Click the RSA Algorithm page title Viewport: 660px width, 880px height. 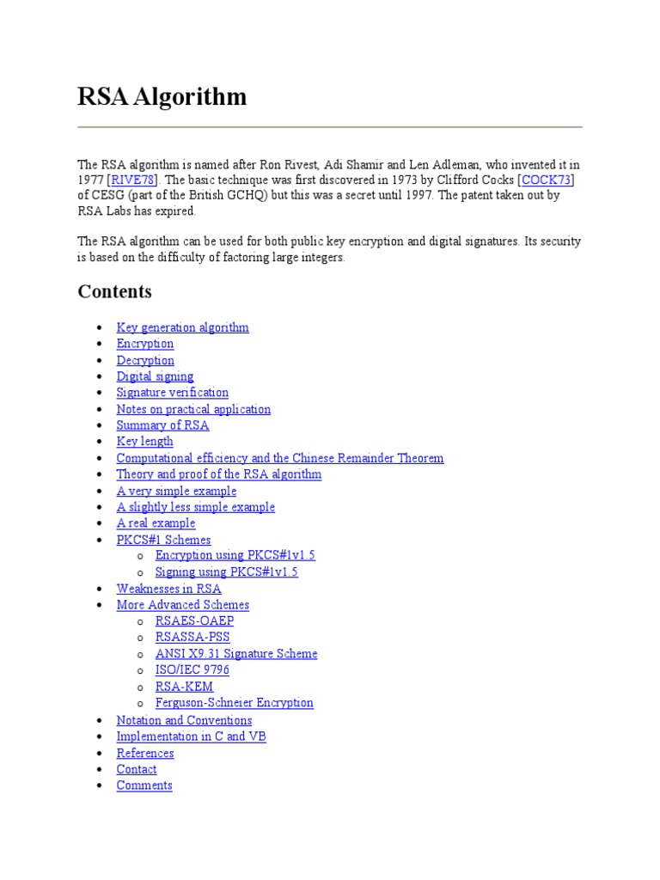[x=162, y=97]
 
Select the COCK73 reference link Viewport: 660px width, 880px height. [x=547, y=180]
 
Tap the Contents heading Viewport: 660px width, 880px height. [x=114, y=291]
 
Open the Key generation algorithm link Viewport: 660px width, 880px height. [x=182, y=327]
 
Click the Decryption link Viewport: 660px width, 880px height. [x=145, y=360]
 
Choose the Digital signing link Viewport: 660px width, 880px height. [x=155, y=376]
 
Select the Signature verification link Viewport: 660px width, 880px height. [x=172, y=393]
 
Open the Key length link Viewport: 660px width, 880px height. [x=144, y=442]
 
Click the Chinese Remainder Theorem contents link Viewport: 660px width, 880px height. [x=280, y=458]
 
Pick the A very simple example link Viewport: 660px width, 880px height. [x=176, y=491]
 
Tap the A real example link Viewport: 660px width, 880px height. [x=156, y=523]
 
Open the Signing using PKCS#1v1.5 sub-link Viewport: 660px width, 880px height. [x=226, y=572]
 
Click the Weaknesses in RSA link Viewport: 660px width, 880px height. [x=168, y=589]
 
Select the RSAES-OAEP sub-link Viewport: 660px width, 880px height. [x=194, y=621]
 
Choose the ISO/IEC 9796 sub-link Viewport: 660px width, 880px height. [x=192, y=670]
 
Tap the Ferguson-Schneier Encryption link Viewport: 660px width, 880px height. [x=234, y=703]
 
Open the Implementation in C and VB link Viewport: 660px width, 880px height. [x=191, y=736]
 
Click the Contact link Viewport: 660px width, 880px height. [x=137, y=769]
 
